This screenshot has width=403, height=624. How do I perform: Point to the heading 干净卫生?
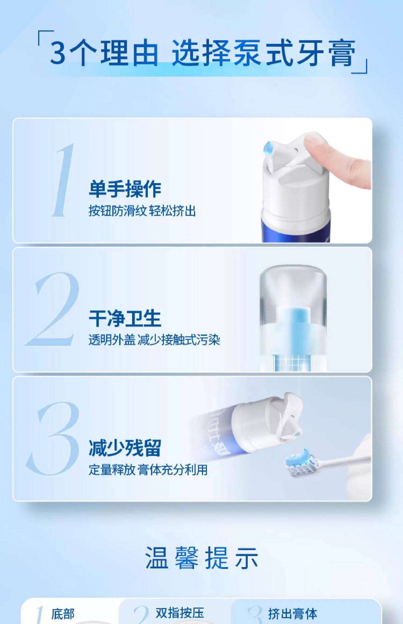125,318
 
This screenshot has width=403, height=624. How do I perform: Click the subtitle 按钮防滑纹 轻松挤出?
142,211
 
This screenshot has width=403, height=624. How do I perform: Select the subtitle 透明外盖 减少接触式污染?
154,340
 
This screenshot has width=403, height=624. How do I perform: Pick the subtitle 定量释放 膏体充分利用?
148,470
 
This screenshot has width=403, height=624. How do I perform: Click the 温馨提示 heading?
201,558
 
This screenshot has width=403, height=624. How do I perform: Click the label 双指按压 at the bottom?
180,613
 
